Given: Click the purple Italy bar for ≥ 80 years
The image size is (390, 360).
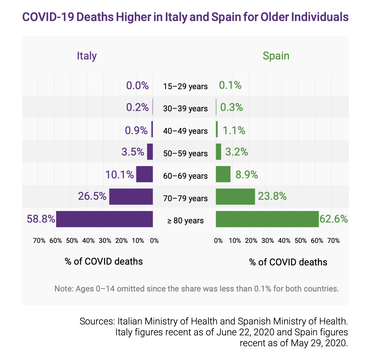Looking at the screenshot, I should click(104, 219).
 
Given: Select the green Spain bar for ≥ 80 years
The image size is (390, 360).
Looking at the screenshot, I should click(267, 219).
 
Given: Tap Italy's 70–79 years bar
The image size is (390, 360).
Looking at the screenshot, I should click(131, 196).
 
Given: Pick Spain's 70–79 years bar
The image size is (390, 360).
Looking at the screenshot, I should click(235, 196).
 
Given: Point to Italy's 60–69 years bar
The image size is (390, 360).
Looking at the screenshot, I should click(144, 174).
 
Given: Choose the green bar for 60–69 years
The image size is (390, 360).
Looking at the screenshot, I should click(223, 174).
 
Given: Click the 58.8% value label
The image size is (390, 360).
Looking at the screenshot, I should click(41, 219).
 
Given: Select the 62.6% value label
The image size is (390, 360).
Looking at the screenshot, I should click(334, 219).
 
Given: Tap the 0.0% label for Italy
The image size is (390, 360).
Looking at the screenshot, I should click(137, 86).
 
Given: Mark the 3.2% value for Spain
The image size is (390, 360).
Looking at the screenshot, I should click(237, 152).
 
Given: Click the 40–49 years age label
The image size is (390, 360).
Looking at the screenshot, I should click(185, 131).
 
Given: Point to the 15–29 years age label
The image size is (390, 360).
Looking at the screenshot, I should click(185, 86).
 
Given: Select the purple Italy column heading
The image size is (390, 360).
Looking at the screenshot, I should click(87, 56).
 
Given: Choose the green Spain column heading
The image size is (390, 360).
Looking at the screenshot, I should click(276, 56).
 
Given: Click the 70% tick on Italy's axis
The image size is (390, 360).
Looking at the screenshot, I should click(39, 241).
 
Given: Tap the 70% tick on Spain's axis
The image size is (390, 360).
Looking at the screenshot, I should click(333, 241).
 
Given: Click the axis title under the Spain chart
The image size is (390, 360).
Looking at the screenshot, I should click(288, 262).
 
